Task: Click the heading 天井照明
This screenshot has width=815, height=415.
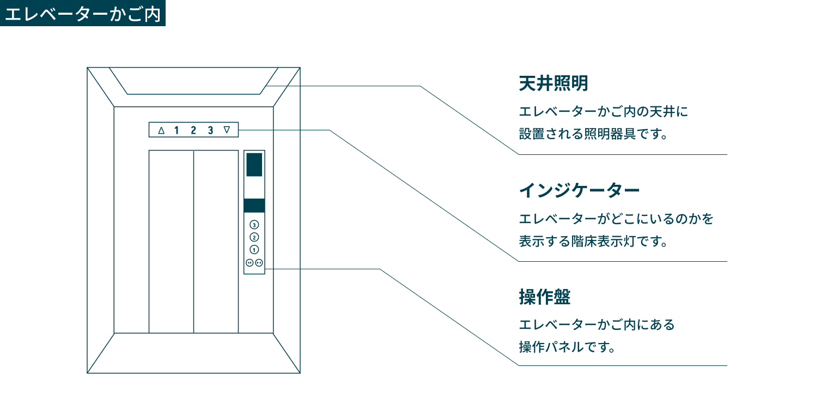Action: [554, 84]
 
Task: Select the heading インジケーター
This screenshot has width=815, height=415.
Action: [579, 191]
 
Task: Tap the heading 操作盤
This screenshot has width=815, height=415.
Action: [545, 297]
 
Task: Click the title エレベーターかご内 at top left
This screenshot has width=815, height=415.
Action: [83, 14]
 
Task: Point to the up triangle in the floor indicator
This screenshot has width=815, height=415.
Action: [161, 130]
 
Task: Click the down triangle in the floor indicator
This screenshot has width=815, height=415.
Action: [227, 130]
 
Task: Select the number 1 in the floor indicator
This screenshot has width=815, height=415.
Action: [177, 130]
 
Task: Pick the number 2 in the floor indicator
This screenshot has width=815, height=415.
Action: [193, 130]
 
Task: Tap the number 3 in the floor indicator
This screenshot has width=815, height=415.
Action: [210, 130]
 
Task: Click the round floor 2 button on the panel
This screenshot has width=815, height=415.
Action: [254, 237]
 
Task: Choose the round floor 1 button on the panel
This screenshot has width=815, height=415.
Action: [254, 250]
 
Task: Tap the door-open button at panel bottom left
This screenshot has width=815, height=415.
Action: [250, 262]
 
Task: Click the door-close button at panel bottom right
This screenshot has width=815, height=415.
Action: [259, 262]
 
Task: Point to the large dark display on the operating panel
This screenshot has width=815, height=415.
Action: [254, 165]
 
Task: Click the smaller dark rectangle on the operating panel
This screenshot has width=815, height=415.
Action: [254, 206]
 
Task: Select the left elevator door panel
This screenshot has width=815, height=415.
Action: [171, 241]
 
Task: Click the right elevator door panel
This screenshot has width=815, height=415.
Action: [216, 241]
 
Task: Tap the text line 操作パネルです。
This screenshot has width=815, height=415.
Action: [567, 347]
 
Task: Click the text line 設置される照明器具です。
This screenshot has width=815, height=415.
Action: [593, 134]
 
